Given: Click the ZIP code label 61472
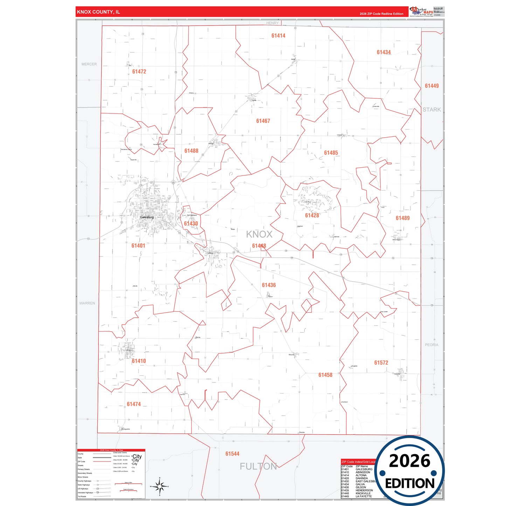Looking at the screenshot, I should point(139,71).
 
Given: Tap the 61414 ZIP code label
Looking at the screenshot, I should point(278,36).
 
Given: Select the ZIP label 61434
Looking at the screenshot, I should point(383,52).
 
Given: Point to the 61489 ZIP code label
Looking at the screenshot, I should point(402,218).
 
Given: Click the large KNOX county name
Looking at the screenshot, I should point(259,234).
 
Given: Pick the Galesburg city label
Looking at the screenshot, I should point(147,217).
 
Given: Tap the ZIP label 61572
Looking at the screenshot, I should point(381,363).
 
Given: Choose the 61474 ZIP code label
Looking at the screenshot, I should point(134,404).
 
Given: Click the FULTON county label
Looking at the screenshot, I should point(258,466).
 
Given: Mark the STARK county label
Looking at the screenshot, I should point(431,110).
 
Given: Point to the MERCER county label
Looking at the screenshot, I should point(89,64).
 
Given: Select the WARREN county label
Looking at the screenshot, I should point(87,303).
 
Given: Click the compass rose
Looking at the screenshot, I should point(159,486).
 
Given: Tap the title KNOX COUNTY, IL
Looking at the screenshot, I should point(98,12).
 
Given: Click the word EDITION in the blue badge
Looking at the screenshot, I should point(410,484).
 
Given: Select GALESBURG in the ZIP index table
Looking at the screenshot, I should point(364,469).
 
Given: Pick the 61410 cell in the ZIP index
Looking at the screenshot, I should point(345,472).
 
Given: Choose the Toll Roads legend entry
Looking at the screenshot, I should point(82,497).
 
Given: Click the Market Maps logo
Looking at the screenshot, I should point(421,12).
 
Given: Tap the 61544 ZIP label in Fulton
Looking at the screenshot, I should point(232,454).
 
